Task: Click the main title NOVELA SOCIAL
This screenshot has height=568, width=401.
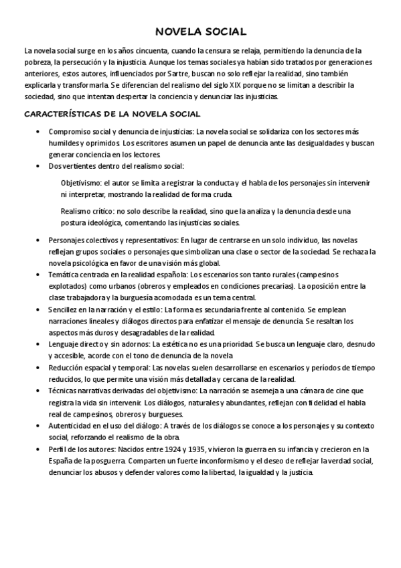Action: (200, 31)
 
